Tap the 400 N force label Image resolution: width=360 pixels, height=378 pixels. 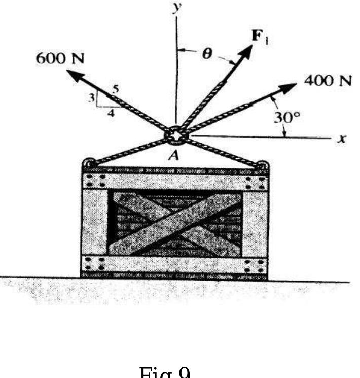(x=327, y=81)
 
